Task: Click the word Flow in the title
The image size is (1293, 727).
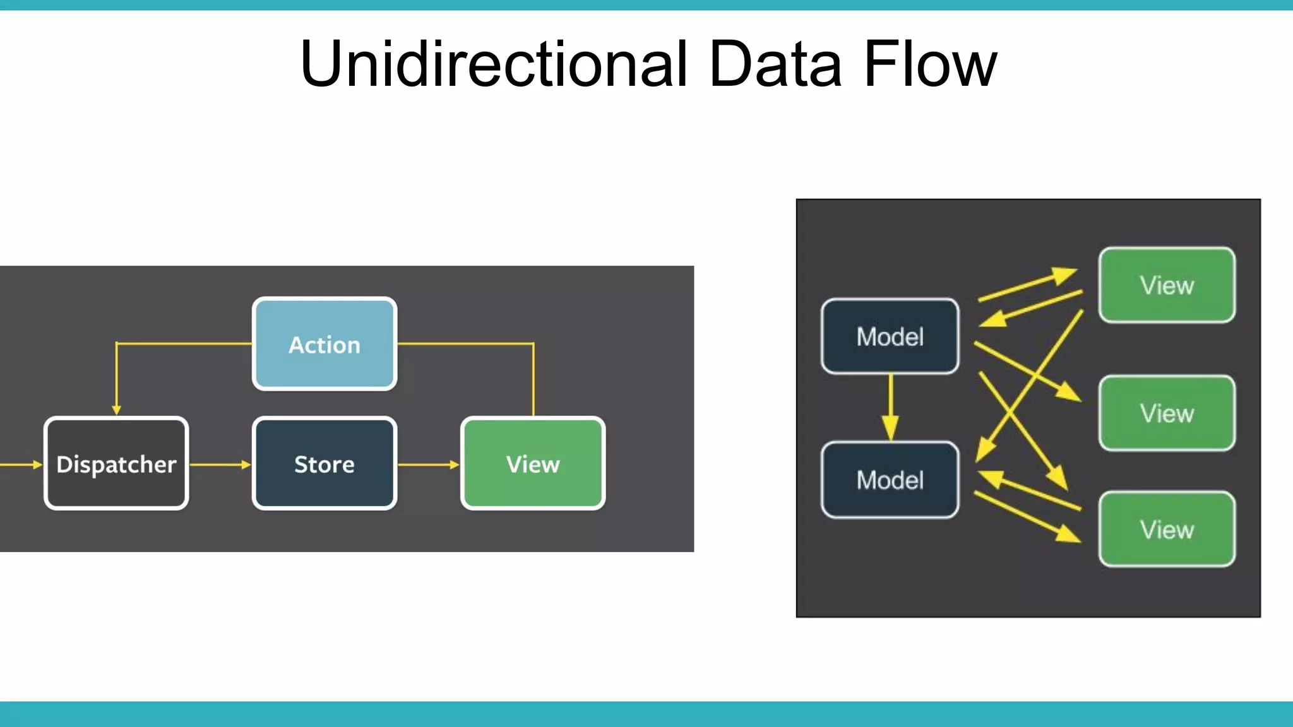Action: tap(930, 64)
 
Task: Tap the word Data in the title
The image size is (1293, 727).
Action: tap(775, 64)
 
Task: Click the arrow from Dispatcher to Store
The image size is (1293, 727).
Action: tap(220, 464)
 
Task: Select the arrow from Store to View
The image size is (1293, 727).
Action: tap(428, 464)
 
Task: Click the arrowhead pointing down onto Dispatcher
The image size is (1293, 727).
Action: tap(116, 410)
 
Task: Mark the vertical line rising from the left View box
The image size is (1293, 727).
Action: tap(533, 379)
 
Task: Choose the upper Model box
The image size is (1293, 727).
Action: tap(890, 336)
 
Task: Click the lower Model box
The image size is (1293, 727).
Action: tap(890, 480)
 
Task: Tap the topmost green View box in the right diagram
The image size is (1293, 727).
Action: tap(1167, 285)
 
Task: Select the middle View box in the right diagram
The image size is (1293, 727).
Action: tap(1167, 413)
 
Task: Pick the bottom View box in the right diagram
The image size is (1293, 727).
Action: tap(1167, 529)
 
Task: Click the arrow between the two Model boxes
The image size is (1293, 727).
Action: tap(891, 407)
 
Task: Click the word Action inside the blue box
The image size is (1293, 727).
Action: tap(325, 345)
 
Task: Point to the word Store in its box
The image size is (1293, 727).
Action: tap(325, 464)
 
